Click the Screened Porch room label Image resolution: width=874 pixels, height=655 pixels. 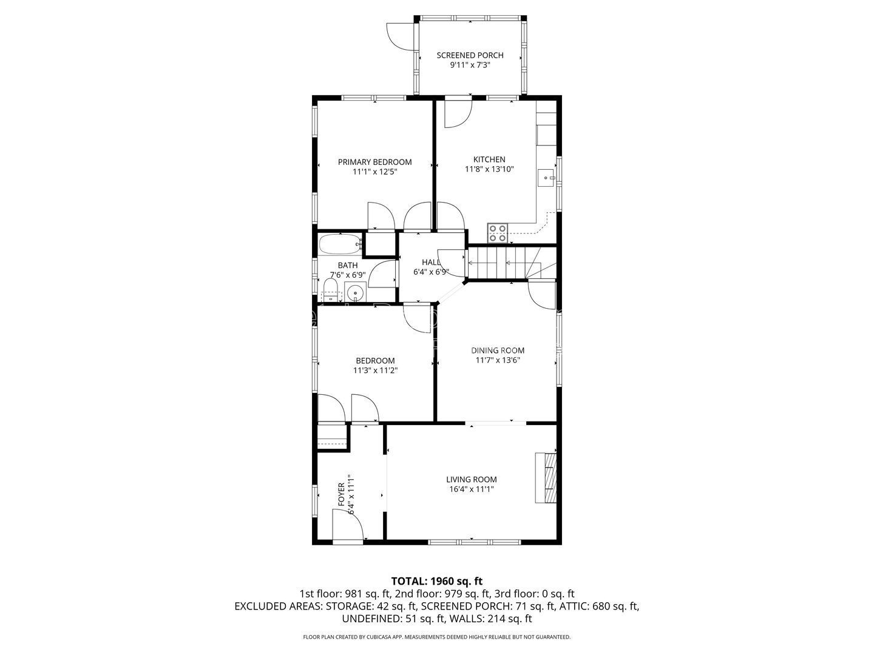pyautogui.click(x=470, y=55)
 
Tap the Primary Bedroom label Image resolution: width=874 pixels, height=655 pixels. pyautogui.click(x=374, y=162)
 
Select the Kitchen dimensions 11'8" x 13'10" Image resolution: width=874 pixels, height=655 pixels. pyautogui.click(x=489, y=169)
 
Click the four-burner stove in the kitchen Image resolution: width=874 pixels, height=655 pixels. pyautogui.click(x=498, y=233)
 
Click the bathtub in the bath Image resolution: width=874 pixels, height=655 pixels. pyautogui.click(x=340, y=244)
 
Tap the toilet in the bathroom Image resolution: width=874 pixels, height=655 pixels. pyautogui.click(x=331, y=291)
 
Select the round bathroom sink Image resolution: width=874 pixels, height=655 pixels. pyautogui.click(x=355, y=294)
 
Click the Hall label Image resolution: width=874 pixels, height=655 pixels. pyautogui.click(x=431, y=263)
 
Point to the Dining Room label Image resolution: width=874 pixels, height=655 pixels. pyautogui.click(x=498, y=351)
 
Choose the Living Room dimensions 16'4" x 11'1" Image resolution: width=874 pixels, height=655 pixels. pyautogui.click(x=472, y=489)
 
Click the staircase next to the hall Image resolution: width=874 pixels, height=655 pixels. pyautogui.click(x=512, y=263)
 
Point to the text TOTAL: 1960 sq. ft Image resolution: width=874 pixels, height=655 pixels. pyautogui.click(x=437, y=581)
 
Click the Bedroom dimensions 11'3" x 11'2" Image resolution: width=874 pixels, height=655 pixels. pyautogui.click(x=376, y=370)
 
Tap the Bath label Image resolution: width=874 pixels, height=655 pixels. pyautogui.click(x=348, y=265)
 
